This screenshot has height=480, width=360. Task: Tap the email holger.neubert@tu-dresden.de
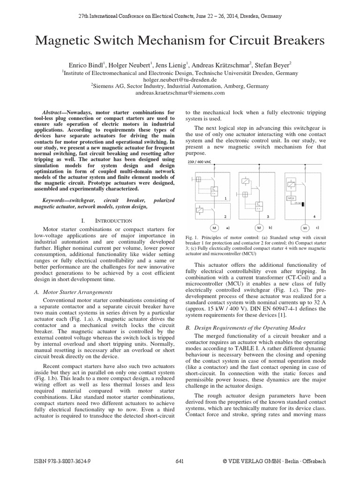180,80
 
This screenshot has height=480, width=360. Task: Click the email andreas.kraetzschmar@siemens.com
180,93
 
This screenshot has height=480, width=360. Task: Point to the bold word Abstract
53,113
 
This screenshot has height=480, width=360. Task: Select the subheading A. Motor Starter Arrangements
74,292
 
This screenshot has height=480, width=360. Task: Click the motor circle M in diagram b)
258,227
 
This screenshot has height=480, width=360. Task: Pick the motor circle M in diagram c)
305,227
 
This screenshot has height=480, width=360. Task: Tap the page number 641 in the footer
180,461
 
